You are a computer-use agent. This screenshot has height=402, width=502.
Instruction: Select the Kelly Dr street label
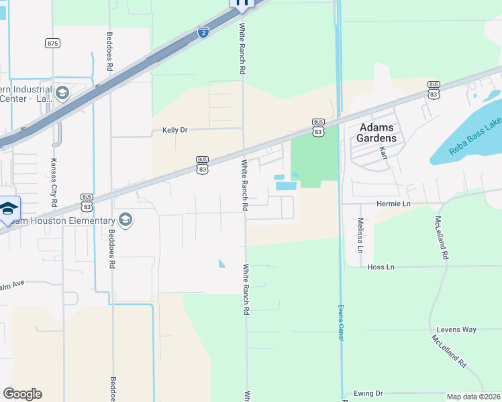(x=174, y=130)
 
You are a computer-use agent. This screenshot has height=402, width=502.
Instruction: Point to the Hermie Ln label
(x=393, y=203)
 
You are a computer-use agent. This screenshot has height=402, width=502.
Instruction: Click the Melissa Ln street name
(x=360, y=235)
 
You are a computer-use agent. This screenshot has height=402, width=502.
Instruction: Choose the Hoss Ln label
(x=381, y=267)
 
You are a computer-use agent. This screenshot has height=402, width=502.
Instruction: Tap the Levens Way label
(x=456, y=330)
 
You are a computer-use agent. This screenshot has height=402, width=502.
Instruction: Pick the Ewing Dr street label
(x=370, y=393)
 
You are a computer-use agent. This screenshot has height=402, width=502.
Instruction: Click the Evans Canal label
(x=341, y=322)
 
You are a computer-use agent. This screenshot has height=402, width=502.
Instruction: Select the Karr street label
(x=383, y=153)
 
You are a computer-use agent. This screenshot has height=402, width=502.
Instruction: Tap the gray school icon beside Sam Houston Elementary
(x=125, y=219)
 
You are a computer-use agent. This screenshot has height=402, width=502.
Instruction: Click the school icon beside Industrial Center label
(x=62, y=92)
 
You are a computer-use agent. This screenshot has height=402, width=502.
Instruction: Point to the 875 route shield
(x=52, y=43)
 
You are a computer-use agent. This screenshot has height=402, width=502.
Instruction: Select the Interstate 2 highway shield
(x=203, y=31)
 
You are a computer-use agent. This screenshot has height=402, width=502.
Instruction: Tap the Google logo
(x=22, y=394)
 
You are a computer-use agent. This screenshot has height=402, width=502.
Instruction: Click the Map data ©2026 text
(x=474, y=397)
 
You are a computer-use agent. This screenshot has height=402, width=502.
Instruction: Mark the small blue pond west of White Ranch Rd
(x=222, y=263)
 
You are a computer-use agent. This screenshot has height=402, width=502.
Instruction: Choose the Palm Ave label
(x=12, y=285)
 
